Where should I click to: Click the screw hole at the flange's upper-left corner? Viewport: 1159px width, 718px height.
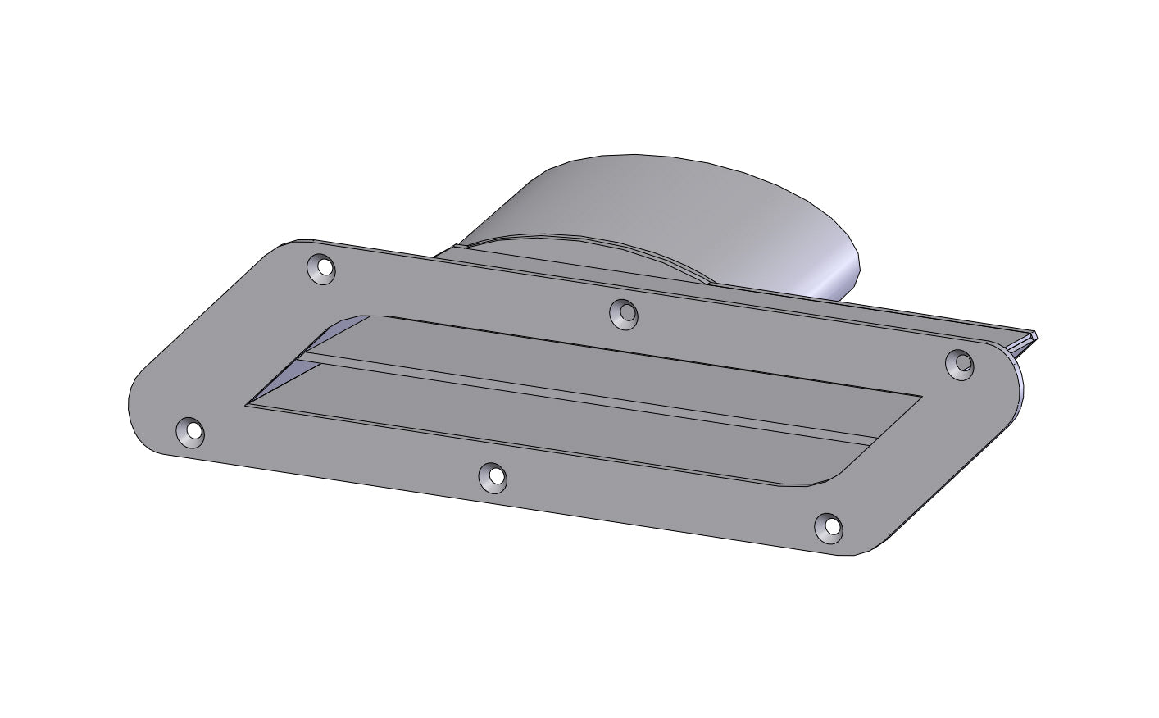(322, 268)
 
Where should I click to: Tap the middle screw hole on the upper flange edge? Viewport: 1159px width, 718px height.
(625, 312)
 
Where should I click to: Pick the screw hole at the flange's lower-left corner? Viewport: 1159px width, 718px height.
(191, 431)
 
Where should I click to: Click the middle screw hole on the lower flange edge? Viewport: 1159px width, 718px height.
(493, 477)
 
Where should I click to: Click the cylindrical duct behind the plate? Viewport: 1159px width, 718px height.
(656, 205)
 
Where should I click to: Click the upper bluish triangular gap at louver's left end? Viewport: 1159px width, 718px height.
(324, 340)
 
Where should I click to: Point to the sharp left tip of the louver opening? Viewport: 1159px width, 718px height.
(248, 403)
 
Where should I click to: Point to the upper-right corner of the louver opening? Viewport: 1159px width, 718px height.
(920, 398)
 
